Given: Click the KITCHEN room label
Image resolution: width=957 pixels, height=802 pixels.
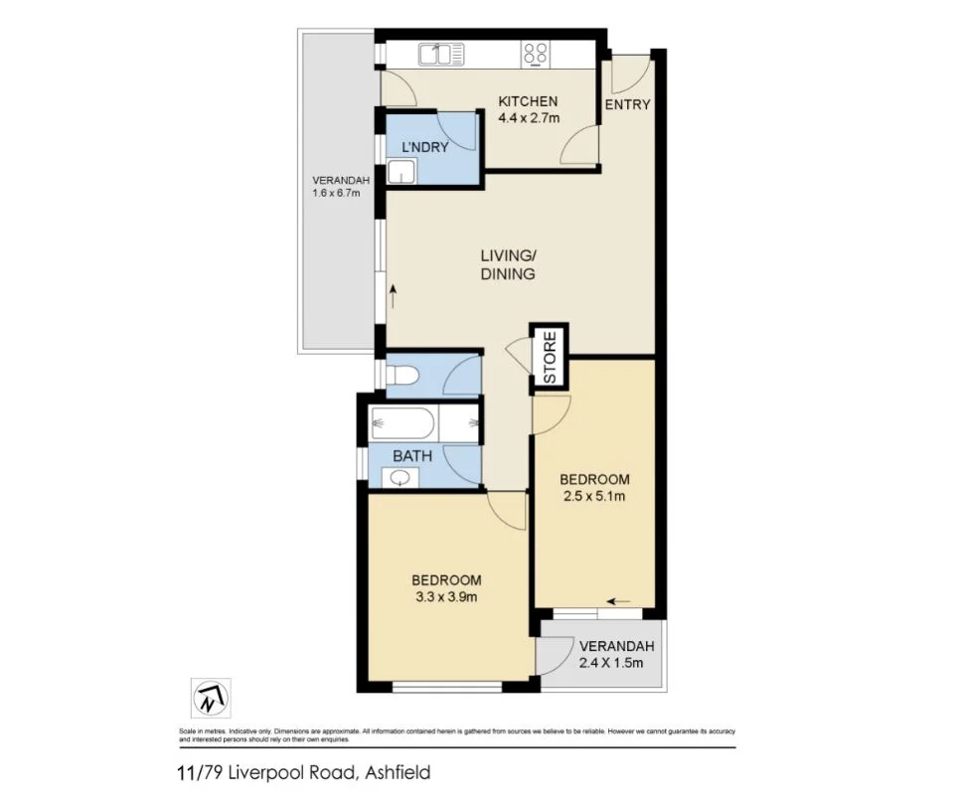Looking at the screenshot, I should (529, 101).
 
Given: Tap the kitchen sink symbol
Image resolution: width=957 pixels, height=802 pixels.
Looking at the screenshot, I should (441, 55).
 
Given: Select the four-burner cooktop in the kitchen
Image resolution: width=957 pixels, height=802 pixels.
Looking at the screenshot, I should (537, 54).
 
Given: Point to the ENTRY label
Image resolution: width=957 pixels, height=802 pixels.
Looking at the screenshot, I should (627, 104).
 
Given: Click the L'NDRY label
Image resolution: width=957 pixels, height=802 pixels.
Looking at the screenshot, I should (424, 147).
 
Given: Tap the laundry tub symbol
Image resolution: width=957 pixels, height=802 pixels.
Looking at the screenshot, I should (401, 175).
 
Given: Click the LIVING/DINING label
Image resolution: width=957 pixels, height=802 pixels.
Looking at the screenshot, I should (508, 265).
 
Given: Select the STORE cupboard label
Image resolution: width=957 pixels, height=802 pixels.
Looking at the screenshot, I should (549, 356).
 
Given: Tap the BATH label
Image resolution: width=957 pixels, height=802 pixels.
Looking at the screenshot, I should (410, 456).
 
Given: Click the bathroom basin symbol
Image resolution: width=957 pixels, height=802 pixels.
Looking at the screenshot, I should (399, 478).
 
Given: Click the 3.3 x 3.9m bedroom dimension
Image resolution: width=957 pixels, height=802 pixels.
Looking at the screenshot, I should (447, 598).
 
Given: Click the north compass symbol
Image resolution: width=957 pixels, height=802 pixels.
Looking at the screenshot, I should (210, 699).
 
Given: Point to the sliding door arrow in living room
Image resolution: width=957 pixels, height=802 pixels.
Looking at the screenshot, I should (395, 295).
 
